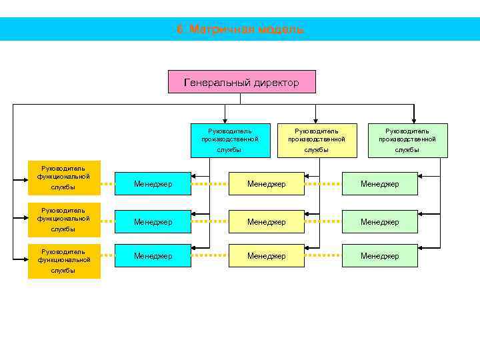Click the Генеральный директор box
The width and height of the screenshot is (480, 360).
point(241,82)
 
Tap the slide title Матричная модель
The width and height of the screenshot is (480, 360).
point(240,29)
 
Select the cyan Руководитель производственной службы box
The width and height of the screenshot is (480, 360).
point(230,140)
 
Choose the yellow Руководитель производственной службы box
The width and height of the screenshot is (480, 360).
point(317,140)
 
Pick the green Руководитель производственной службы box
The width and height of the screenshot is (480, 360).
point(407,140)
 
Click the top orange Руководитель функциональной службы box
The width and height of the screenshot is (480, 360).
point(63,177)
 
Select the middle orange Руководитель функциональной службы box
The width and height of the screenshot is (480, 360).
point(63,219)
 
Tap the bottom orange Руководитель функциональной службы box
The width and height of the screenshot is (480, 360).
point(63,261)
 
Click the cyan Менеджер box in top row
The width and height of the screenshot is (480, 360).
point(153,183)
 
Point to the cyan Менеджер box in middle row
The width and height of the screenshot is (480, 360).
point(153,221)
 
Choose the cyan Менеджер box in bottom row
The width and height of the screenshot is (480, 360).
point(153,255)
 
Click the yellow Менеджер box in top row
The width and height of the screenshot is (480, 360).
point(266,183)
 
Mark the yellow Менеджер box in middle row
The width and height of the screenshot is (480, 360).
point(266,221)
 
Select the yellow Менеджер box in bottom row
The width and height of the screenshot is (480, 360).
point(266,255)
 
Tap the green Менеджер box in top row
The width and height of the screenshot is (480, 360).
point(379,183)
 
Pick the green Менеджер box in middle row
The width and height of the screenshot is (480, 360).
point(379,221)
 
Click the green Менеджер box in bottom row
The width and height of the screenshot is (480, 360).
point(379,255)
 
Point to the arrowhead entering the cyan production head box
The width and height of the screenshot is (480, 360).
point(225,120)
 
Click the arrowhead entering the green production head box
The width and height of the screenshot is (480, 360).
point(414,120)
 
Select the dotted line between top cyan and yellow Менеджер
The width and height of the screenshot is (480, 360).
point(210,183)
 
